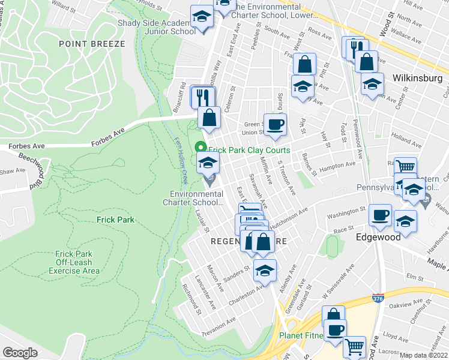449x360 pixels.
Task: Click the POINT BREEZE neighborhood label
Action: [x=91, y=44]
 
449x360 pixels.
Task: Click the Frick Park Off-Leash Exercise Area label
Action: [x=77, y=262]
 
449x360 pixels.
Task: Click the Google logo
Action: [x=20, y=353]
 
